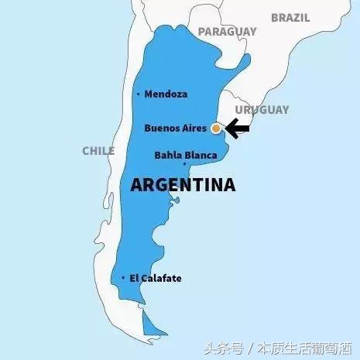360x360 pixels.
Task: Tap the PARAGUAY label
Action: pyautogui.click(x=227, y=32)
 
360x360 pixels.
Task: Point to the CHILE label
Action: pyautogui.click(x=98, y=151)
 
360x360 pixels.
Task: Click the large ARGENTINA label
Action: pyautogui.click(x=183, y=185)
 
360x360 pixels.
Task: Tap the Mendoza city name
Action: pyautogui.click(x=166, y=94)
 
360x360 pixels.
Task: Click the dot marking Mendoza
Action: pyautogui.click(x=138, y=94)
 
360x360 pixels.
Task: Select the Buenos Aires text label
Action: pyautogui.click(x=177, y=128)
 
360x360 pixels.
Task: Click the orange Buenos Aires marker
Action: pyautogui.click(x=216, y=129)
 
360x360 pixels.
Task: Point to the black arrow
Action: pyautogui.click(x=238, y=129)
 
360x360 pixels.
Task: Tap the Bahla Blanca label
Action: pyautogui.click(x=186, y=155)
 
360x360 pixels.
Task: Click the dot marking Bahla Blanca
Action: pyautogui.click(x=184, y=163)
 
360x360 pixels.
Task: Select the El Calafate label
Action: pyautogui.click(x=156, y=278)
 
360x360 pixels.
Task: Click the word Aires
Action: pyautogui.click(x=196, y=128)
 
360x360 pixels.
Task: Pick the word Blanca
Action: pyautogui.click(x=201, y=155)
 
